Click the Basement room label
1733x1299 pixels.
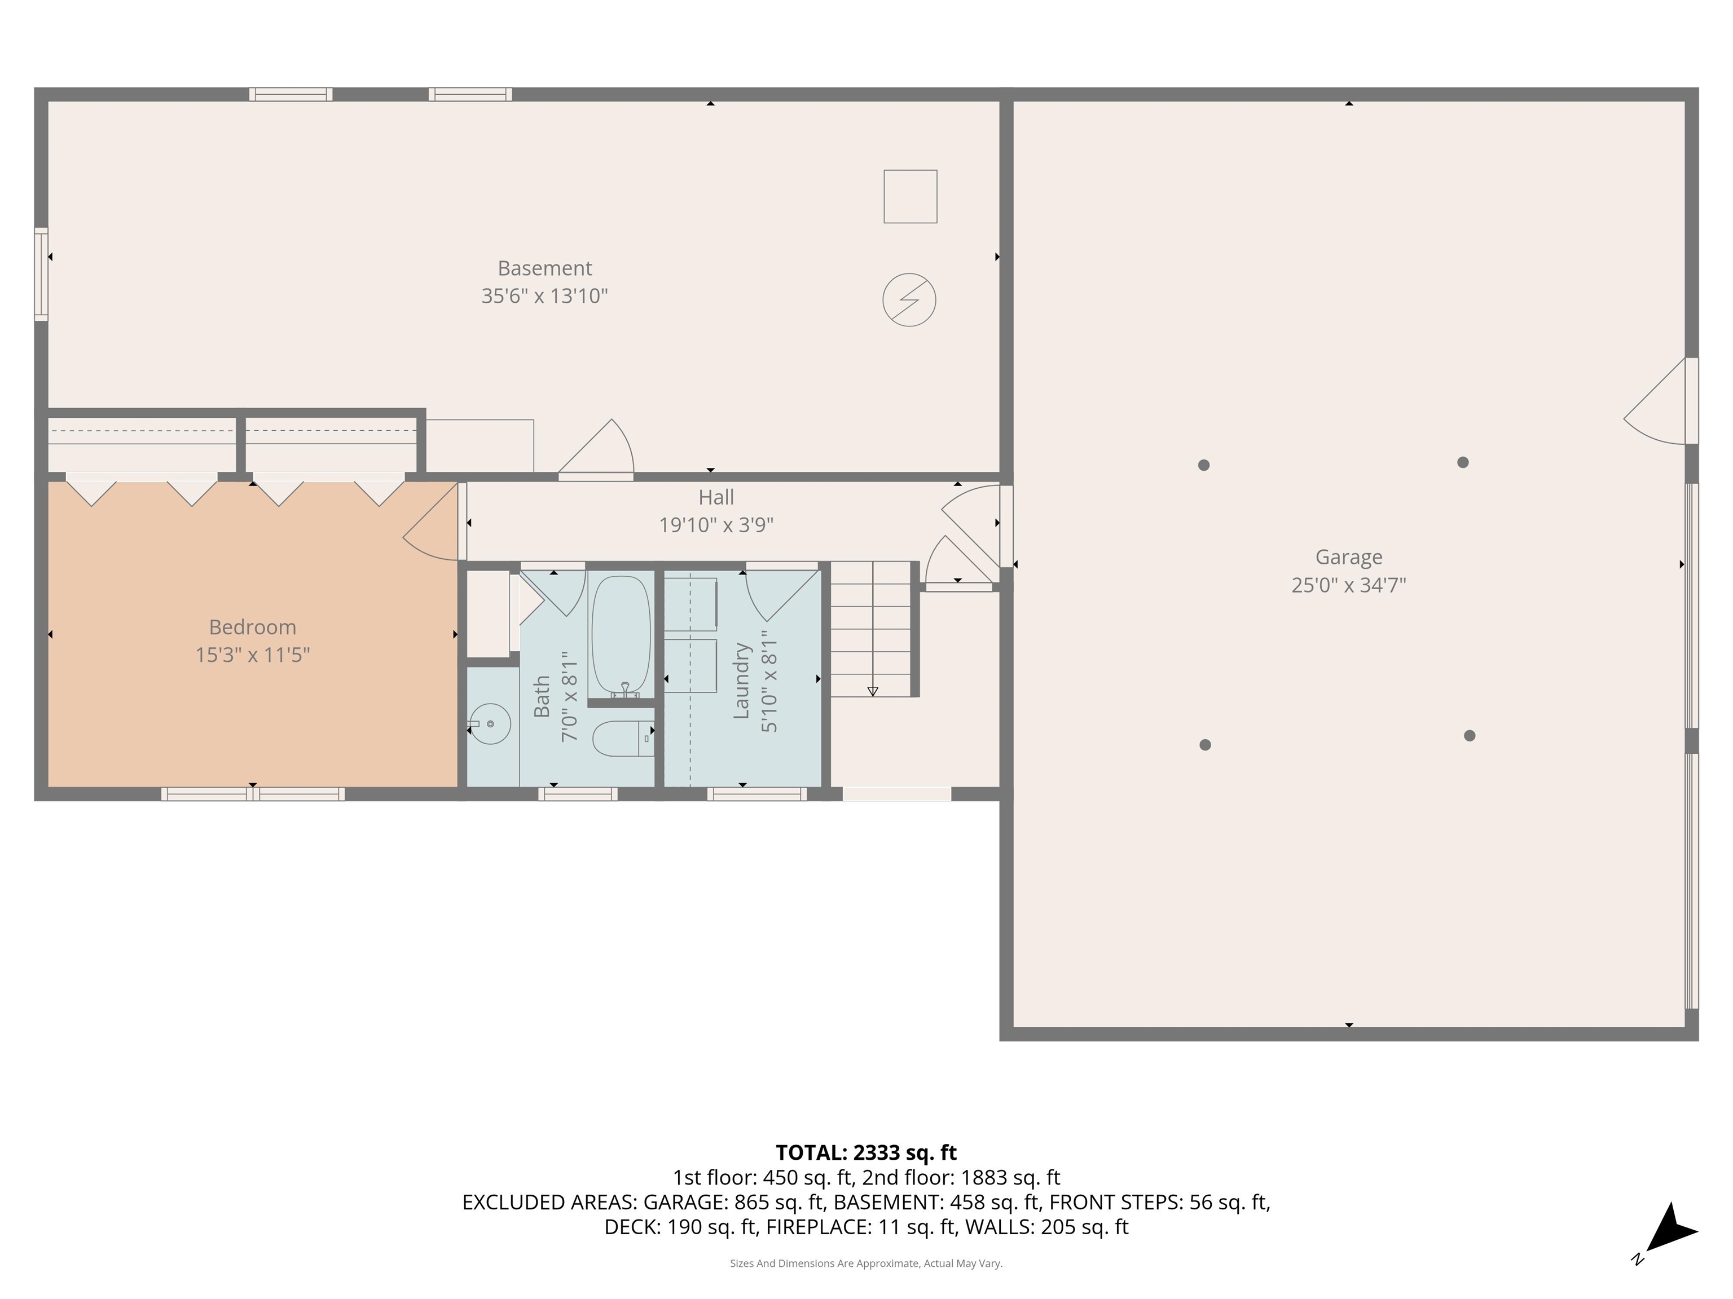544,268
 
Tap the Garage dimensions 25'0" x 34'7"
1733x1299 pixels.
1348,585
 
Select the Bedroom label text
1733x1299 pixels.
252,627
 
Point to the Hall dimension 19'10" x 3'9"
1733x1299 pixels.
716,524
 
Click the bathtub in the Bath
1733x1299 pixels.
621,633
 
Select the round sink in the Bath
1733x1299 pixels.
490,723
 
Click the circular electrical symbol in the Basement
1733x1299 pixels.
909,300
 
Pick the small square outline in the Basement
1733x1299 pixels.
911,197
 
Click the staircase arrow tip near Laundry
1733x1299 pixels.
873,692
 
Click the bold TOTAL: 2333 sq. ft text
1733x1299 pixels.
866,1152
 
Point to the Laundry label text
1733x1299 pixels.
741,681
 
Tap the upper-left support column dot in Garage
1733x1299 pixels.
1204,465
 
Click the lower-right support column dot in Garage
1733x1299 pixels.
1470,735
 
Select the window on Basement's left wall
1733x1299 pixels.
41,274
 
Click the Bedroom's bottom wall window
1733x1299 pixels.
252,794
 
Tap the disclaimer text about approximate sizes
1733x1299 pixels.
866,1263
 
